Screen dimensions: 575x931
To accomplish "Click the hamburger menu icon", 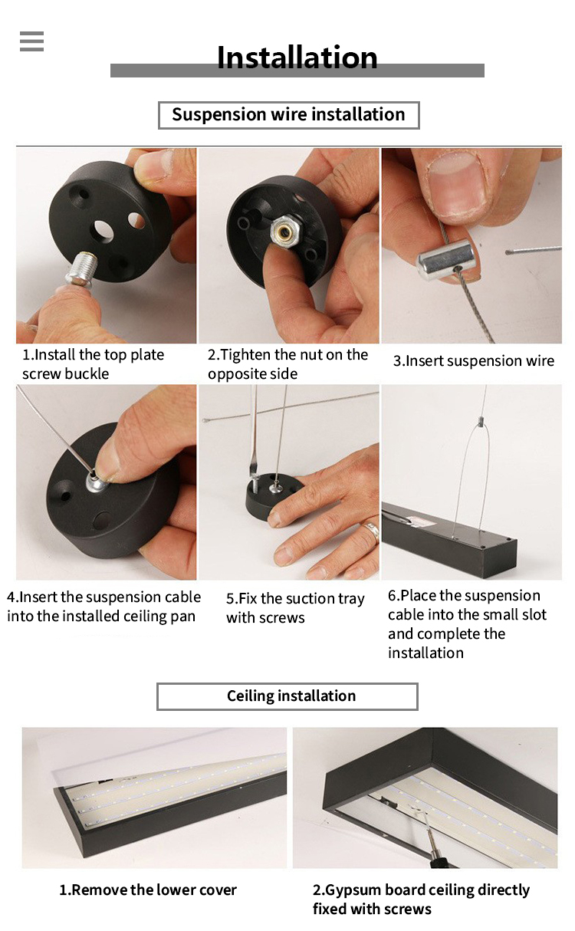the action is [x=31, y=41].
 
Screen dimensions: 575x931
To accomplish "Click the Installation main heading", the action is [x=297, y=58].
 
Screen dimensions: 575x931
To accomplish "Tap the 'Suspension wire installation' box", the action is [x=289, y=115].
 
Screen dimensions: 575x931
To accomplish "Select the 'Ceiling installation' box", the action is [x=287, y=696].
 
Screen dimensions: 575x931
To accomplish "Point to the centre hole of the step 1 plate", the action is [x=103, y=232].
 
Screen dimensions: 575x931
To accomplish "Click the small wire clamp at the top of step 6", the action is [x=479, y=424].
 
